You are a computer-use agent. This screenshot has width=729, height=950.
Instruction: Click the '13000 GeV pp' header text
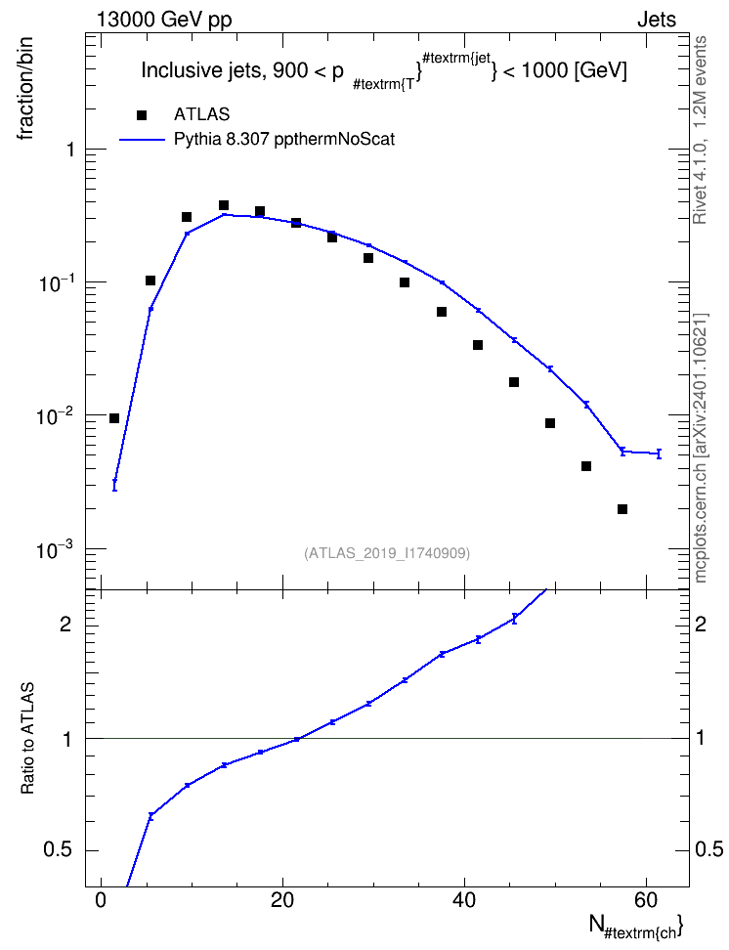coord(164,20)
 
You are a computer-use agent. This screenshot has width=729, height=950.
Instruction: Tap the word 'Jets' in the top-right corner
coord(657,20)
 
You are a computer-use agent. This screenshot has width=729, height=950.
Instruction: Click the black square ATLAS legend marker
coord(142,115)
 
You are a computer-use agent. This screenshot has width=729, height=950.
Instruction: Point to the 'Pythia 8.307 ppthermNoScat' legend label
coord(284,140)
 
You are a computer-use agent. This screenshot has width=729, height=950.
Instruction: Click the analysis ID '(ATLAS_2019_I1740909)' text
coord(387,553)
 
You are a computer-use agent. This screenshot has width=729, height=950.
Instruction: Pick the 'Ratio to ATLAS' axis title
coord(27,738)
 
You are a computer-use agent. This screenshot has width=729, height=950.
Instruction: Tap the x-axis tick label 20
coord(282,900)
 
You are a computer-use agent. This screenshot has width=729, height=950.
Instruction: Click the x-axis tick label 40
coord(464,900)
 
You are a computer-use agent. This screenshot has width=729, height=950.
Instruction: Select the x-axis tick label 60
coord(646,900)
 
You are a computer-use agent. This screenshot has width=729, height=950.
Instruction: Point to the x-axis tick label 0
coord(102,900)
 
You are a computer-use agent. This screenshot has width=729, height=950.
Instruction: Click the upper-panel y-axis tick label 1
coord(70,149)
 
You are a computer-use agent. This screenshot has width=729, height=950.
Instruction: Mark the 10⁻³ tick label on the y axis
coord(56,550)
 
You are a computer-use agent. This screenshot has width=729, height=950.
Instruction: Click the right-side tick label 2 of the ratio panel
coord(701,625)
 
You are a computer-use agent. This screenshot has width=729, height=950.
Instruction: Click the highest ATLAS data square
coord(224,205)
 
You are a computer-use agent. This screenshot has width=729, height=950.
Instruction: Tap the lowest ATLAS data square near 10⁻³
coord(622,509)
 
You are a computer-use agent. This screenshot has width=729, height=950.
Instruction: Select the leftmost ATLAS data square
coord(114,418)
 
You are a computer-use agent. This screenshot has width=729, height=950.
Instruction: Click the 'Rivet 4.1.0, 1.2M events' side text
coord(700,130)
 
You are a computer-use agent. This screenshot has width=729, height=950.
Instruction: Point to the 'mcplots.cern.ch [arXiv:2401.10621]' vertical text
coord(701,448)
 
